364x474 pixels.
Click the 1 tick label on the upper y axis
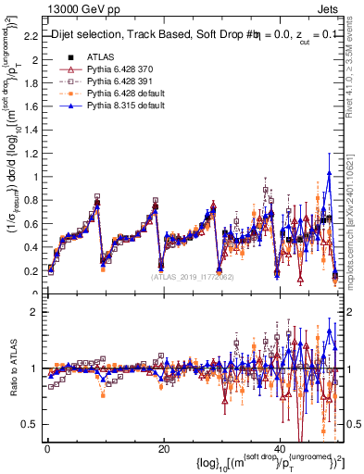pyautogui.click(x=34, y=177)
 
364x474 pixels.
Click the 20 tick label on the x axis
pyautogui.click(x=164, y=449)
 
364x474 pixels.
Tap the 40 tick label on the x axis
pyautogui.click(x=280, y=449)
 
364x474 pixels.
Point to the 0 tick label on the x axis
pyautogui.click(x=47, y=449)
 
